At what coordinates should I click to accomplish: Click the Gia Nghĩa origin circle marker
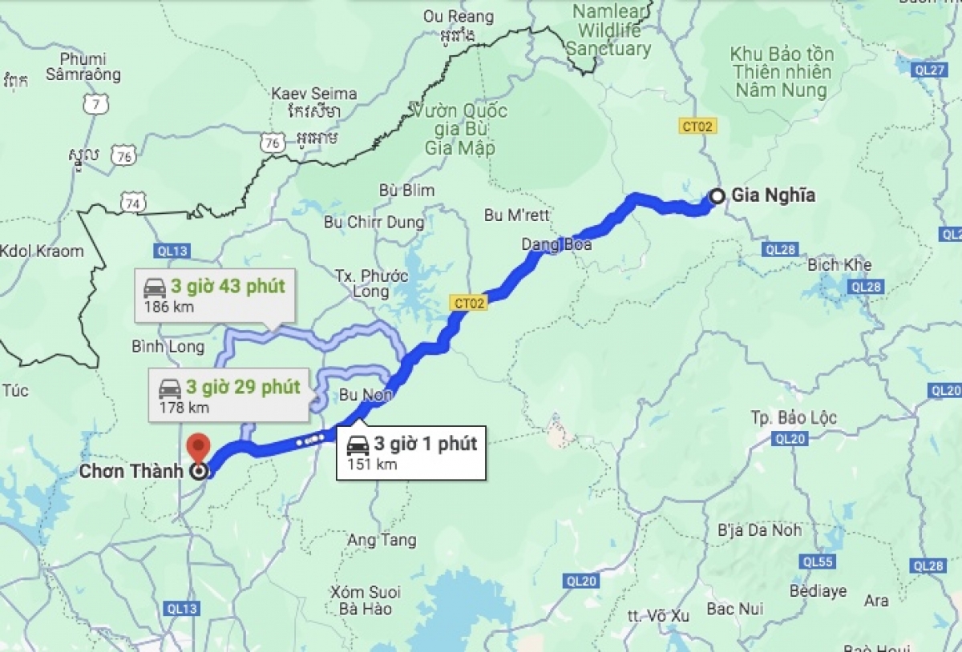coord(717,195)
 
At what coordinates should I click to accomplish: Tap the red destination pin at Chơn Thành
coord(197,448)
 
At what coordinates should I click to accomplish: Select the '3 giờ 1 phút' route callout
coord(410,453)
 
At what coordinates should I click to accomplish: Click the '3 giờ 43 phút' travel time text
coord(228,286)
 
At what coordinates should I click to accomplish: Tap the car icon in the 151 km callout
coord(358,445)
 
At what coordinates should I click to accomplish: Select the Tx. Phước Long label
coord(371,284)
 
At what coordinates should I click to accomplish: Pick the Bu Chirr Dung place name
coord(374,222)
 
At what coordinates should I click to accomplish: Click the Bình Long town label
coord(168,347)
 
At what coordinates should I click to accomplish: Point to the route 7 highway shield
coord(95,104)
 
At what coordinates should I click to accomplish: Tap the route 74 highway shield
coord(133,203)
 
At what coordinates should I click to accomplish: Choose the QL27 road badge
coord(929,70)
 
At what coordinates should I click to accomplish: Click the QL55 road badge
coord(818,561)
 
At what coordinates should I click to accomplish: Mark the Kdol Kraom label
coord(42,251)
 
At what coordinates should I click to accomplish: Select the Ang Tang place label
coord(382,540)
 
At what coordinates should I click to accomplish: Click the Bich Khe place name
coord(839,264)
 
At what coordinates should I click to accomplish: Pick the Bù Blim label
coord(408,191)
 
